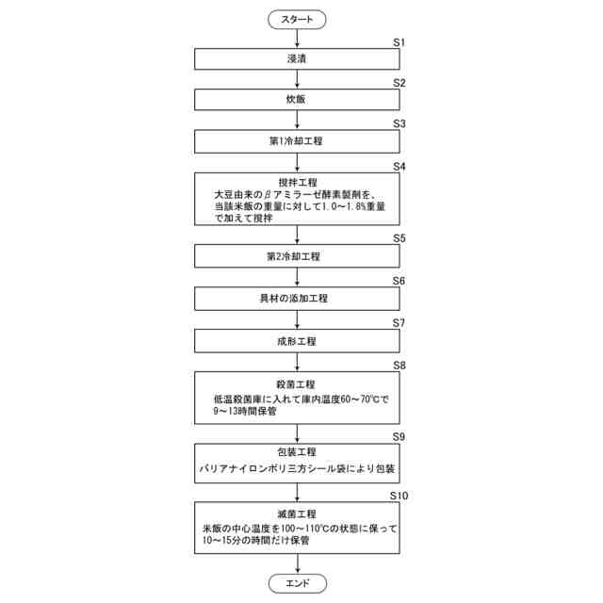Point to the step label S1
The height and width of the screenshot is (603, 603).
click(399, 42)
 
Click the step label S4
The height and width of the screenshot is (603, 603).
click(399, 166)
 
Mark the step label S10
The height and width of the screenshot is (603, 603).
click(399, 495)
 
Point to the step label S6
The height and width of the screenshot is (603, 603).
click(399, 281)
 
